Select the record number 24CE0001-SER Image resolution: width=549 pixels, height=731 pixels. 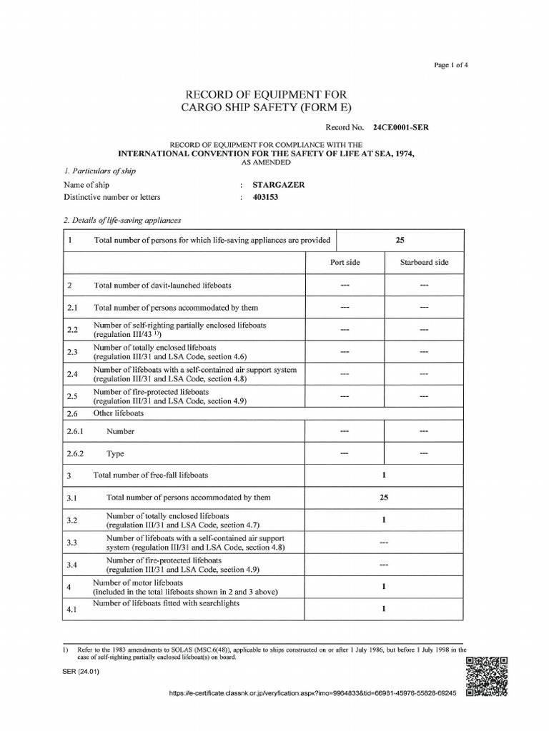(400, 128)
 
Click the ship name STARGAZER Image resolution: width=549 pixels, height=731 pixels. (284, 184)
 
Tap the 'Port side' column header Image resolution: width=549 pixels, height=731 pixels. (345, 263)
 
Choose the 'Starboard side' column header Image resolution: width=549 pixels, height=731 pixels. (424, 263)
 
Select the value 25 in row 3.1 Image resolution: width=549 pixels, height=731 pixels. (384, 498)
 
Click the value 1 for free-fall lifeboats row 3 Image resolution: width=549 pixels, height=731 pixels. (384, 475)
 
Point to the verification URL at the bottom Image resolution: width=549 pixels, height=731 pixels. (312, 692)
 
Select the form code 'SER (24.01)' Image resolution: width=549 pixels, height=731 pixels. (80, 670)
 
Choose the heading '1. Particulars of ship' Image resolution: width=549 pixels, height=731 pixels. (100, 171)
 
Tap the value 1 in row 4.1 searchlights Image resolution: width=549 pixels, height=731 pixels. (384, 609)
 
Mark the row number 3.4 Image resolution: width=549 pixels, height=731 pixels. (71, 565)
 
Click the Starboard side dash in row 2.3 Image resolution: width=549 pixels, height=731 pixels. (424, 352)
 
